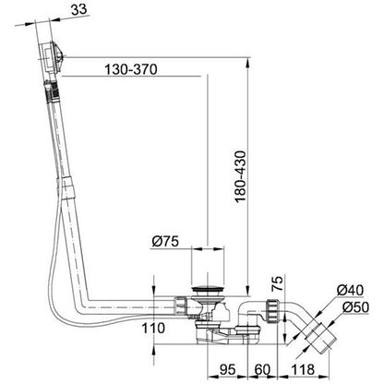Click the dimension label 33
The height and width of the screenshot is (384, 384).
click(79, 9)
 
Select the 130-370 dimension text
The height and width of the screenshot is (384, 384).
click(131, 69)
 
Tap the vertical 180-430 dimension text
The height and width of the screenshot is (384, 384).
click(240, 176)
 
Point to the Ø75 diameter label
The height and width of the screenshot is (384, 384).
click(165, 241)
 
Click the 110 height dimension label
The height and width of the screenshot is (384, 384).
click(153, 328)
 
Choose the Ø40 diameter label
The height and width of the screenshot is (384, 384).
click(350, 290)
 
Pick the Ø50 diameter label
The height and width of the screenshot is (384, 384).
click(355, 306)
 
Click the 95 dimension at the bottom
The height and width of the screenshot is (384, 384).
click(227, 369)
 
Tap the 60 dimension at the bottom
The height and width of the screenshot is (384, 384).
click(262, 369)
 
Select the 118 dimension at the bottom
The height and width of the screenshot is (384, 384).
click(303, 369)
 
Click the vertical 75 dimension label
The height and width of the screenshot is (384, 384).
click(277, 283)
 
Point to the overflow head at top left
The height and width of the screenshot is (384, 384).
click(52, 58)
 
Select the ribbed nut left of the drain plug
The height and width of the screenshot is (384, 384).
click(181, 306)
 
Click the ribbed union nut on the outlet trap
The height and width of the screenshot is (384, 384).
click(272, 310)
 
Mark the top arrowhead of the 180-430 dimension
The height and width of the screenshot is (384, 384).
click(247, 62)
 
